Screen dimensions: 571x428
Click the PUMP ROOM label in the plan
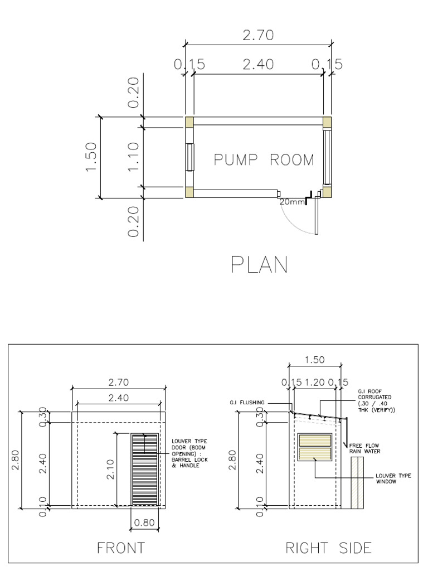tap(264, 160)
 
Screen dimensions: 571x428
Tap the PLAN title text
tap(259, 265)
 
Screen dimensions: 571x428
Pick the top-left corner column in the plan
tap(189, 121)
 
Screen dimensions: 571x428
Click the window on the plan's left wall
tap(190, 157)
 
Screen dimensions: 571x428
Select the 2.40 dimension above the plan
tap(257, 65)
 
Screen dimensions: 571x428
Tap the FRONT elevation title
tap(121, 548)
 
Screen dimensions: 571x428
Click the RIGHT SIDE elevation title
tap(328, 548)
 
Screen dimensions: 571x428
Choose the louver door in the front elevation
tap(145, 470)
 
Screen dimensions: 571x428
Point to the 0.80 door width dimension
tap(144, 523)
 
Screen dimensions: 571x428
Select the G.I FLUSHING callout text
tap(247, 402)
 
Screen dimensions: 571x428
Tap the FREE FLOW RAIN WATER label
tap(364, 448)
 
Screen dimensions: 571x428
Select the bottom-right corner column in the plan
tap(326, 192)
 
